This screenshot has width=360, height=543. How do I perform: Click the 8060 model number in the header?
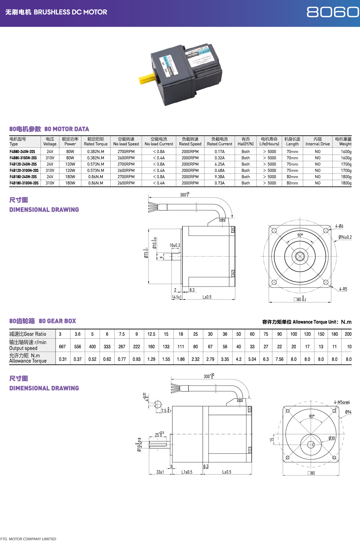(x=332, y=12)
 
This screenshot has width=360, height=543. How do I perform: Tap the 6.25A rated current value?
(x=220, y=164)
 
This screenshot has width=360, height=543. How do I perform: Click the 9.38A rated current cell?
(x=220, y=177)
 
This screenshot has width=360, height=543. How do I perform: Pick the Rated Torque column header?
(x=96, y=141)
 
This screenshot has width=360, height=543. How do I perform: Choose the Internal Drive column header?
(x=318, y=141)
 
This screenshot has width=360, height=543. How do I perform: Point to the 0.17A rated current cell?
(x=220, y=151)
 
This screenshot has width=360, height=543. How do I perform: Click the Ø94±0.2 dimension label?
(x=345, y=237)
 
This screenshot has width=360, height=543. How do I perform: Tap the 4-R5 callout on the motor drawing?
(x=343, y=289)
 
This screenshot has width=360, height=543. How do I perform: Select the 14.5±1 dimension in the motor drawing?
(x=177, y=297)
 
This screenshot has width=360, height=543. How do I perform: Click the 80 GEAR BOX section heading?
(x=57, y=321)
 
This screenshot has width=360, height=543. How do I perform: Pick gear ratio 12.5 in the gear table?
(x=151, y=334)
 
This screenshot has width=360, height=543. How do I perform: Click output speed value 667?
(x=63, y=347)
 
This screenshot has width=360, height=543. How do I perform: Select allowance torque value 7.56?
(x=279, y=359)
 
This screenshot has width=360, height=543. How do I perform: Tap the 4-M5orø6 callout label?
(x=342, y=402)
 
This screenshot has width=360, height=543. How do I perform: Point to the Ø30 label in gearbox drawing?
(x=332, y=438)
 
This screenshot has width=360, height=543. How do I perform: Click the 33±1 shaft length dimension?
(x=160, y=472)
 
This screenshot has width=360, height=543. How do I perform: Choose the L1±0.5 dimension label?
(x=187, y=472)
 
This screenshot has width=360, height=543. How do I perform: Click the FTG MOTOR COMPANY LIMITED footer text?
(x=28, y=539)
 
